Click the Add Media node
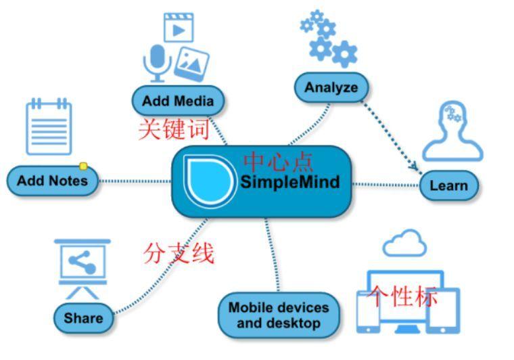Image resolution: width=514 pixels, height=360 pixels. pos(177,101)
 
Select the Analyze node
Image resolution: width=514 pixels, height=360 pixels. pos(331,87)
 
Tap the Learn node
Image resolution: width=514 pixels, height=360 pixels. pos(448,185)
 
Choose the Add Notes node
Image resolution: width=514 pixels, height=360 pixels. pos(52,181)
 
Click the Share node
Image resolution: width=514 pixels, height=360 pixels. pos(83,317)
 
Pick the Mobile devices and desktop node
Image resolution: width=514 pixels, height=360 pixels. pos(278,315)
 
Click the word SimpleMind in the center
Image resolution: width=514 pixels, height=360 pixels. pos(289,182)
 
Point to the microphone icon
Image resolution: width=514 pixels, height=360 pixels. pos(156,63)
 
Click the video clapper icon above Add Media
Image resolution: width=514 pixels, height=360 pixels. pos(179,28)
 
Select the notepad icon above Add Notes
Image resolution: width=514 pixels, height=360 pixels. pos(48,127)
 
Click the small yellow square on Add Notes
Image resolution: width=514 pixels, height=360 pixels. pos(83,166)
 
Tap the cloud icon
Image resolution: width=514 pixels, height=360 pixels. pos(404,243)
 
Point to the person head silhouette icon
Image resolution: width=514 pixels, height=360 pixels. pos(452,132)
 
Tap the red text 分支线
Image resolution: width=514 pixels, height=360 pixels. pos(179,252)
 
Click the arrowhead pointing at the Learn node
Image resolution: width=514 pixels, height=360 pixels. pos(413,165)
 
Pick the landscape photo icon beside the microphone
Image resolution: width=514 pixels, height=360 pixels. pos(191,64)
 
